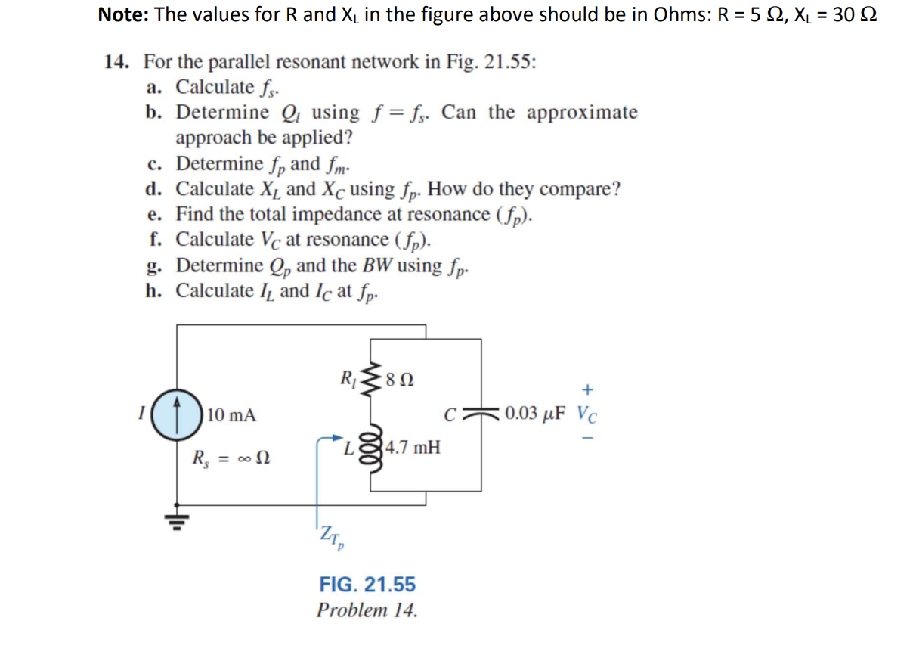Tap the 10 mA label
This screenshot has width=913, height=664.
(231, 415)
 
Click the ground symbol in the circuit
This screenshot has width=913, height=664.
(177, 520)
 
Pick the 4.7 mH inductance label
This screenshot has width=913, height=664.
(413, 447)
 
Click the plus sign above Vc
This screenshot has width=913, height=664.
(588, 390)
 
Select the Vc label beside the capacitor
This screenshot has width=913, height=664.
(589, 415)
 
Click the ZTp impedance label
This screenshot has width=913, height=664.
(331, 538)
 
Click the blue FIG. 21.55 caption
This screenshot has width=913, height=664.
(367, 585)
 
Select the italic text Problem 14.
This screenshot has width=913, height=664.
(367, 610)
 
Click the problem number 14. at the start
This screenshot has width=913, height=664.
(116, 61)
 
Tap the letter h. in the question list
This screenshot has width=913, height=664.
(156, 291)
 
